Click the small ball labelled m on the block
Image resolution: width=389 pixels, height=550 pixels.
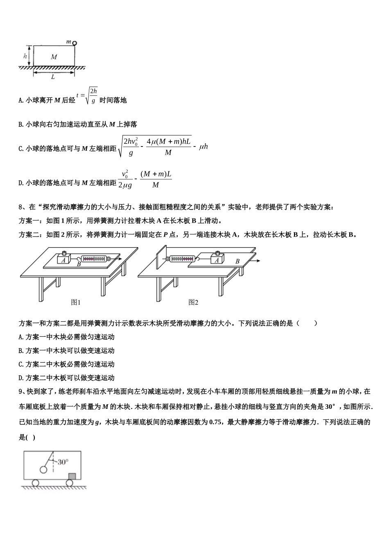click(x=75, y=43)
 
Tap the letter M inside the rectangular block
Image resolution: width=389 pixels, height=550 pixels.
click(x=54, y=56)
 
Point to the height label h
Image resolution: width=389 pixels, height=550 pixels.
click(x=25, y=56)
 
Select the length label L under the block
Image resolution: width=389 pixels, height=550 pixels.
click(x=53, y=77)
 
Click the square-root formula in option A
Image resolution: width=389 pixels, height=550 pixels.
click(x=87, y=96)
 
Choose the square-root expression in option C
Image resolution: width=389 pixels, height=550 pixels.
click(x=163, y=147)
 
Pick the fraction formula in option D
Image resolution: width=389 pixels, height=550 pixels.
click(x=145, y=179)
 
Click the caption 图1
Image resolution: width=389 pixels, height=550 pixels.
click(x=76, y=302)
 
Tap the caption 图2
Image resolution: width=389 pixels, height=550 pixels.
click(x=193, y=302)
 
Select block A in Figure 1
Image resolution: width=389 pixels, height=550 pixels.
click(x=63, y=259)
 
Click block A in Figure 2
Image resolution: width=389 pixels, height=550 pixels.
click(x=217, y=259)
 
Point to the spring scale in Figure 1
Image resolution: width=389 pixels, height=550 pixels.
click(x=96, y=259)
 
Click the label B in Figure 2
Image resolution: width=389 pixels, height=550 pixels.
click(x=237, y=261)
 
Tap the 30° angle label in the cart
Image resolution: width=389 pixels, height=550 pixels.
click(x=63, y=462)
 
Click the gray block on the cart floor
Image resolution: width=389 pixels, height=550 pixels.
click(x=72, y=476)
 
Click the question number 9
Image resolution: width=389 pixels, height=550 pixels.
click(x=21, y=392)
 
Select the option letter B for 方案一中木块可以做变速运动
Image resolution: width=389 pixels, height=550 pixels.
click(x=21, y=351)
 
